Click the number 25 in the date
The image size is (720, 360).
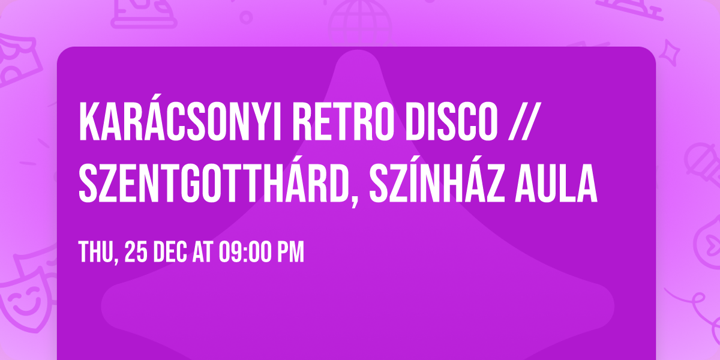click(x=135, y=253)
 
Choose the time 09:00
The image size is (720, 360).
click(x=245, y=253)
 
